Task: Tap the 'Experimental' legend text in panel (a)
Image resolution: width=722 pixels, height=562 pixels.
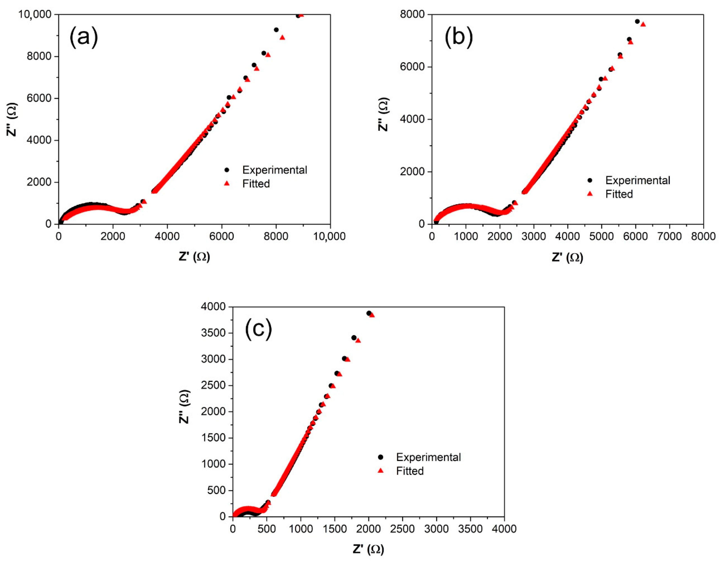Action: (274, 170)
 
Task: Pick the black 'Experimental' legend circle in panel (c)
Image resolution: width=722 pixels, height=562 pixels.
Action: (381, 457)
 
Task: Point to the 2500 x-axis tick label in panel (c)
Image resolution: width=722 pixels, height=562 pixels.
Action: (402, 529)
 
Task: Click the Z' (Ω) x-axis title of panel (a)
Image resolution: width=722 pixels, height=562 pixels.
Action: (194, 256)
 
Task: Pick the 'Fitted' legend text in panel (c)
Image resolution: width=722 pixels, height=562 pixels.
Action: (410, 471)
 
